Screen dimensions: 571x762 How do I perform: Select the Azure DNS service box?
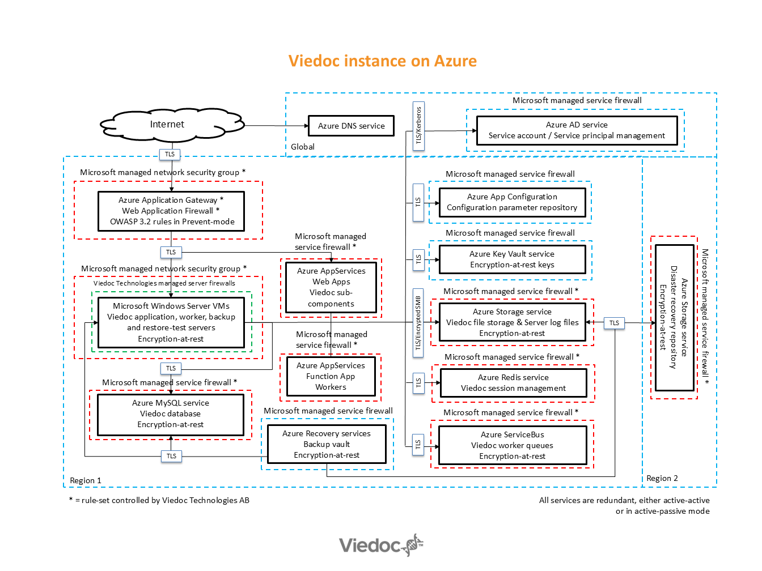(x=351, y=126)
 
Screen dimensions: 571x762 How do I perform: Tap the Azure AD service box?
(x=577, y=130)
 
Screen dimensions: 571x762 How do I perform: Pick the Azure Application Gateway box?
(x=171, y=211)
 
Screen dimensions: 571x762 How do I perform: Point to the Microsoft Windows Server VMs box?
(x=171, y=322)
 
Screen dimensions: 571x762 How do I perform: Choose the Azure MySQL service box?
(x=170, y=414)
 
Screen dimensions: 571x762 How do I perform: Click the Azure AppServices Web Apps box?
(x=331, y=287)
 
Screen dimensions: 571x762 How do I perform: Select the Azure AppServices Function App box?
(x=331, y=376)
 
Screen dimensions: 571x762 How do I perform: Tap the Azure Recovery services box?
(x=327, y=444)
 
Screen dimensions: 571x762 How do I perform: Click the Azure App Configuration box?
(x=512, y=202)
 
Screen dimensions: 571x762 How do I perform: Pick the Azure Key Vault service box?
(x=512, y=259)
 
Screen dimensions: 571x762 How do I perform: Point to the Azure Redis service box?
(x=513, y=383)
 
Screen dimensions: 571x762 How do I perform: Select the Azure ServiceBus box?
(x=512, y=445)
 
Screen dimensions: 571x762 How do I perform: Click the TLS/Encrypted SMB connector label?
(x=418, y=322)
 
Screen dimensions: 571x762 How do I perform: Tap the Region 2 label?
(x=662, y=478)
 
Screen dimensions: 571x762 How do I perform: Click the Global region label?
(x=303, y=147)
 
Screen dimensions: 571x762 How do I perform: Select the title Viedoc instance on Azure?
(x=382, y=61)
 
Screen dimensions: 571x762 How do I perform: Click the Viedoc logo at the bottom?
(x=381, y=545)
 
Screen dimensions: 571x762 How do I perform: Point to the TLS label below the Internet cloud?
(x=170, y=154)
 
